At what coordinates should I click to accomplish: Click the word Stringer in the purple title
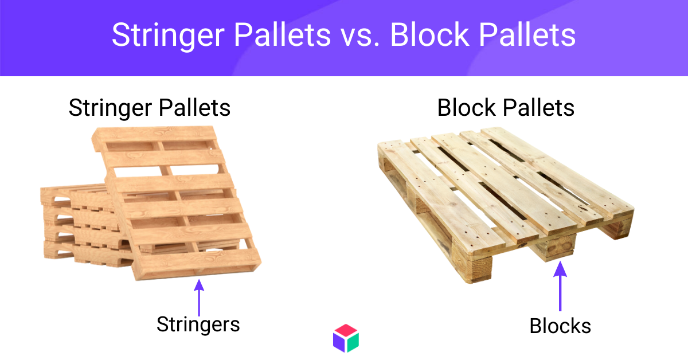coord(169,36)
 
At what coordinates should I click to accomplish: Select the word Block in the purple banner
coord(430,35)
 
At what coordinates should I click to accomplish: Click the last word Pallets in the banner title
coord(527,35)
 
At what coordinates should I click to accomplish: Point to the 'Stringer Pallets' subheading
coord(150,108)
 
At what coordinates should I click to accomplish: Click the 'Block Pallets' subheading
coord(506,108)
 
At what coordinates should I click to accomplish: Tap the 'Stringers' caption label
coord(198,325)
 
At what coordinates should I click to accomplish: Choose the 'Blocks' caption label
coord(560,326)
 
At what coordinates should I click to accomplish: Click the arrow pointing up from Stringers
coord(199,298)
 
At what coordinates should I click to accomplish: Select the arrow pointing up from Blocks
coord(560,286)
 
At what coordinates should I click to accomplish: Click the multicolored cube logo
coord(346,338)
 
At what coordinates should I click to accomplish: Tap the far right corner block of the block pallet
coord(618,228)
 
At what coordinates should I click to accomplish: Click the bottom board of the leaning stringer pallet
coord(197,265)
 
